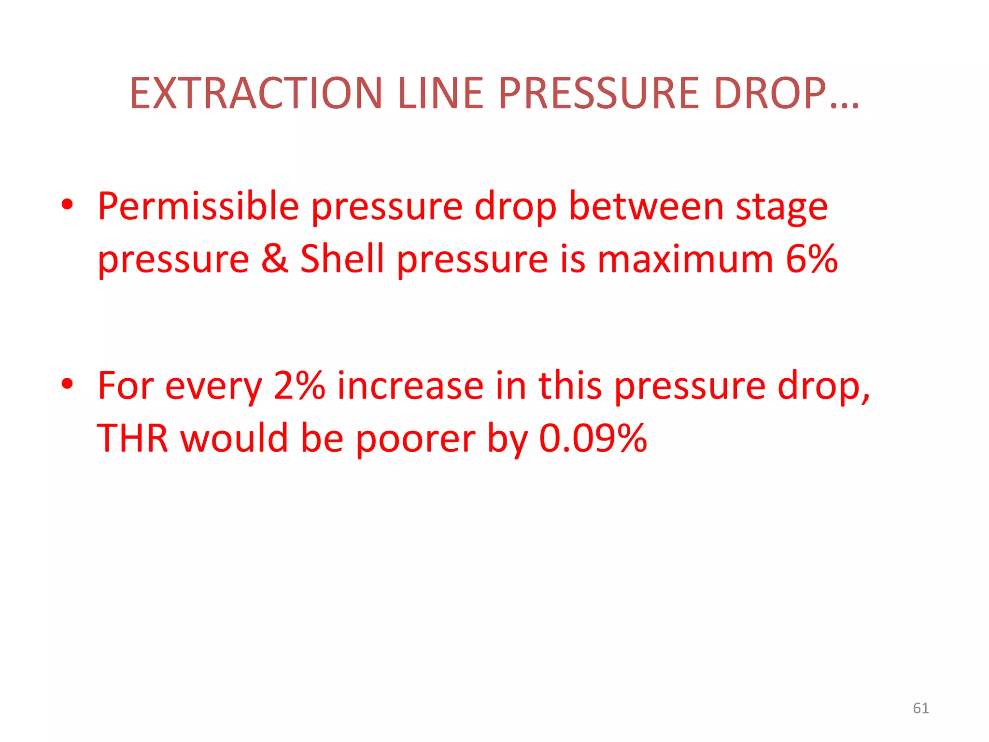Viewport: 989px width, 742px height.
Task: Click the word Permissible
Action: pos(198,207)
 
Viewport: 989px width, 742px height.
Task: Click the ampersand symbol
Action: pos(275,259)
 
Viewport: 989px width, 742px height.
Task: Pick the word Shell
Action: pos(342,259)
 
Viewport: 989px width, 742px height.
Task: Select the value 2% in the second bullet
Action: pos(299,386)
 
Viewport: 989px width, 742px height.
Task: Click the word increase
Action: pos(410,386)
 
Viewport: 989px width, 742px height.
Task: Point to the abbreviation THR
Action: pos(132,438)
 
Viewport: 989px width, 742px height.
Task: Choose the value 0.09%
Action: pos(593,438)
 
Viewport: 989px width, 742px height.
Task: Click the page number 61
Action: pos(920,708)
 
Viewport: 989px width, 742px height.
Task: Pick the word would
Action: pos(234,438)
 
